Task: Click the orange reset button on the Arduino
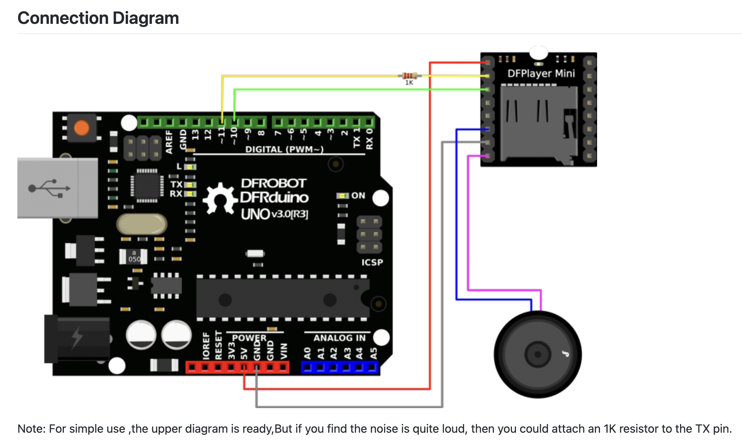click(x=82, y=128)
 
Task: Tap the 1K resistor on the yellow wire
click(x=409, y=76)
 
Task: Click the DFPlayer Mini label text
click(x=541, y=74)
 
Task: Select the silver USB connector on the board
click(x=57, y=188)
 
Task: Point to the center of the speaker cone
click(x=538, y=355)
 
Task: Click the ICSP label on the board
click(x=372, y=262)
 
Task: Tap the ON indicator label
click(x=358, y=196)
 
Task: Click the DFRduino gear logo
click(x=220, y=199)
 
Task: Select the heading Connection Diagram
click(x=98, y=18)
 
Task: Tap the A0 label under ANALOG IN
click(x=307, y=353)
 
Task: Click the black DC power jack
click(x=77, y=339)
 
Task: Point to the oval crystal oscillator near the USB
click(x=142, y=224)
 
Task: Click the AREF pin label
click(x=169, y=142)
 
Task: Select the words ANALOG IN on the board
click(x=339, y=338)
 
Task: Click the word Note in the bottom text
click(x=31, y=429)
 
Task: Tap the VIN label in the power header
click(x=284, y=351)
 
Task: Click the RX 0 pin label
click(x=369, y=139)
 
